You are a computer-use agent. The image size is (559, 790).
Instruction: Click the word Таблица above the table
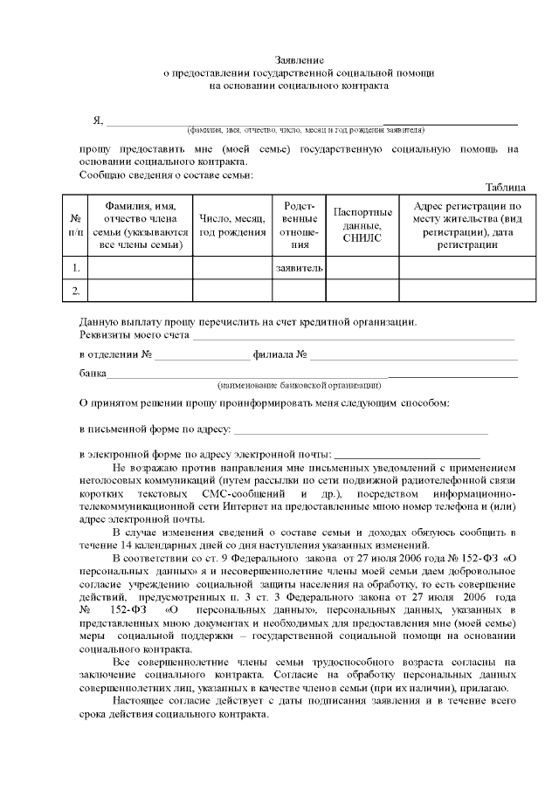click(x=505, y=188)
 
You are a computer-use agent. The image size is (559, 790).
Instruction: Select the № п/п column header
click(x=76, y=225)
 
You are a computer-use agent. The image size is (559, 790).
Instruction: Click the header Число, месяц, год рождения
click(x=232, y=225)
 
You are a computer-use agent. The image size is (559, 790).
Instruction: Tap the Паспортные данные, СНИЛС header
click(x=362, y=224)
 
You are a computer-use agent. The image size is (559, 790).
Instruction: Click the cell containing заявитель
click(x=300, y=268)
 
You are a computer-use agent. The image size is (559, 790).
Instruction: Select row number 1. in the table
click(x=76, y=268)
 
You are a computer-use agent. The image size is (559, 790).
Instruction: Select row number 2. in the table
click(x=76, y=291)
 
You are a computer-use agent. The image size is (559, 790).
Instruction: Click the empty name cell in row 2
click(x=141, y=291)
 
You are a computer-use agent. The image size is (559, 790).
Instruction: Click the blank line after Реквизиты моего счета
click(x=353, y=338)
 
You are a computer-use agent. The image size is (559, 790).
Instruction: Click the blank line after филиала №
click(x=414, y=358)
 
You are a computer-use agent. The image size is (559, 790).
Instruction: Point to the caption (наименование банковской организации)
click(x=299, y=385)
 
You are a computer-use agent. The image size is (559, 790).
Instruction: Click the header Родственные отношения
click(x=300, y=225)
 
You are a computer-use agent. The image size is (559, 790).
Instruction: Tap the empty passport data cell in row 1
click(x=362, y=268)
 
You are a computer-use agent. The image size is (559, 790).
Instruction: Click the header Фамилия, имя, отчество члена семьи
click(x=141, y=225)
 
